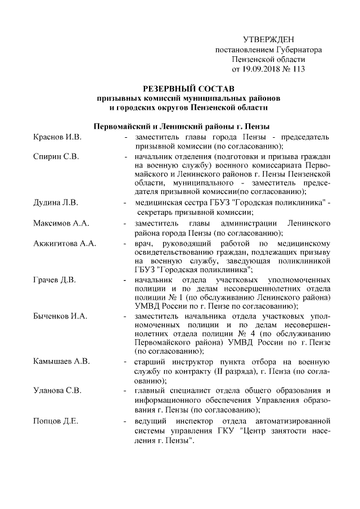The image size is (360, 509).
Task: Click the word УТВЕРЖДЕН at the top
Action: [268, 39]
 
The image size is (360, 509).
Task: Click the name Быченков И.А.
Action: [60, 317]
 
